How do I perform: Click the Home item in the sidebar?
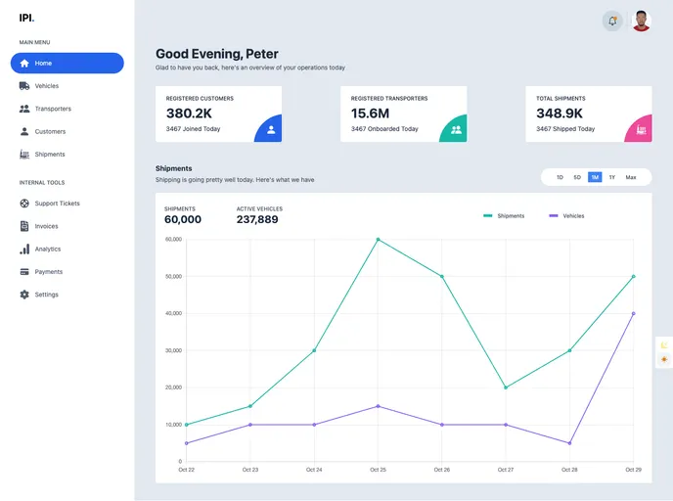67,64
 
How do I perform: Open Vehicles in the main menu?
46,86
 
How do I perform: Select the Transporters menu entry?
53,109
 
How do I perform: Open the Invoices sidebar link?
46,226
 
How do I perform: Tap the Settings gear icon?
24,295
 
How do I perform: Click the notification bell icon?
612,21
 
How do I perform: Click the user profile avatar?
642,21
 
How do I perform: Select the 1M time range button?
595,177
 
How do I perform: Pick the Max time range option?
631,177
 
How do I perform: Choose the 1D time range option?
560,177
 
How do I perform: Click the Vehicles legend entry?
566,215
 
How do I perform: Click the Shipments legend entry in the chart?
504,215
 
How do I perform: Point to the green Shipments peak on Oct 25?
378,240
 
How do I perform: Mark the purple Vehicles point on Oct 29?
634,313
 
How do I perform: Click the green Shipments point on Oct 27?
506,387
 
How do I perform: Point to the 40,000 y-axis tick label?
173,313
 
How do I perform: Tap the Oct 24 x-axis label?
313,470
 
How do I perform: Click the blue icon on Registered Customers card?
271,129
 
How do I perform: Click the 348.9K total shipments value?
560,114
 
